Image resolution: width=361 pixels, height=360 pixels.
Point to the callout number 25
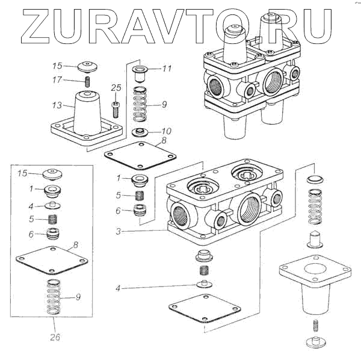pos(116,88)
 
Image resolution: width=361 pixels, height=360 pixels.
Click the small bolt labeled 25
pos(115,110)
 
